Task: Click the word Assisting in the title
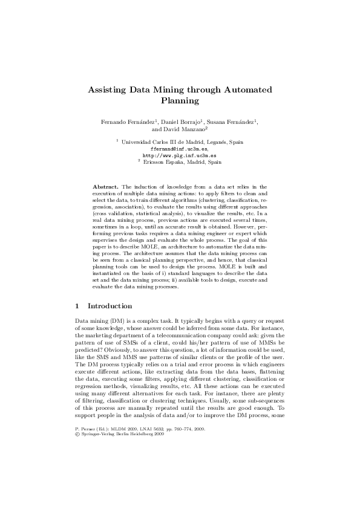pyautogui.click(x=106, y=89)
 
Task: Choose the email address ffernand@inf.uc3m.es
pyautogui.click(x=179, y=149)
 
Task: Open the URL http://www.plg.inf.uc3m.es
pyautogui.click(x=179, y=155)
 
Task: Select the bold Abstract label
pyautogui.click(x=106, y=188)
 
